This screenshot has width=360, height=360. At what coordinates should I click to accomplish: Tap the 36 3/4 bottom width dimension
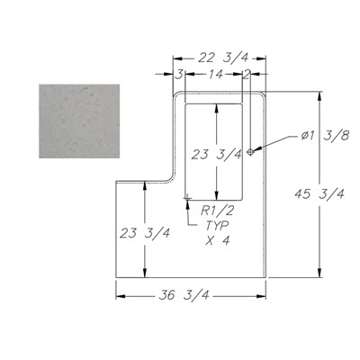click(184, 295)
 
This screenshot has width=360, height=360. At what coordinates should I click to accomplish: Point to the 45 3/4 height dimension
click(319, 194)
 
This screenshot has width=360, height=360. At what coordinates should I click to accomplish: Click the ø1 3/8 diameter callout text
click(326, 136)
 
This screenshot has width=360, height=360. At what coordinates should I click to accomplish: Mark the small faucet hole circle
click(250, 152)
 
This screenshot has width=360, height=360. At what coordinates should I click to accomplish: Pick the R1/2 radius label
click(217, 211)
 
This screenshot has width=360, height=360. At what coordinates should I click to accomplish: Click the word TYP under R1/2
click(217, 226)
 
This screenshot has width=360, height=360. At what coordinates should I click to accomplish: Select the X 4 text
click(218, 240)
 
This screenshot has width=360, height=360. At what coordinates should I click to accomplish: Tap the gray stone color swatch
click(79, 121)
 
